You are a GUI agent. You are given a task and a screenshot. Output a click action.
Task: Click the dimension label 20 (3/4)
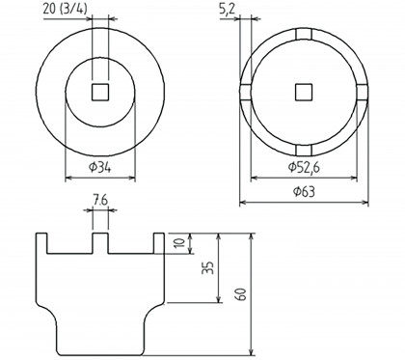click(65, 9)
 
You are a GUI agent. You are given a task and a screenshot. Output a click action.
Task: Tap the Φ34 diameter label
click(100, 167)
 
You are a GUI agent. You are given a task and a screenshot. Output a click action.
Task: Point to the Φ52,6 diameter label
click(304, 167)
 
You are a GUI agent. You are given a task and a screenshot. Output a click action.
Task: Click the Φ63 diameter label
click(304, 192)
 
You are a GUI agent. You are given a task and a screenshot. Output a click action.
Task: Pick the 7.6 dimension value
click(100, 201)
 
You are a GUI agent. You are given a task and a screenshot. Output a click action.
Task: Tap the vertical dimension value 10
click(180, 242)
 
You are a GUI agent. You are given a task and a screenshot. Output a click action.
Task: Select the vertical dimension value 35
click(207, 267)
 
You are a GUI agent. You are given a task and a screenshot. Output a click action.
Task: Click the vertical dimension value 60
click(241, 293)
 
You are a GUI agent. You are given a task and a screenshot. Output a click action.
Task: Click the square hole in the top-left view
click(100, 93)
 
